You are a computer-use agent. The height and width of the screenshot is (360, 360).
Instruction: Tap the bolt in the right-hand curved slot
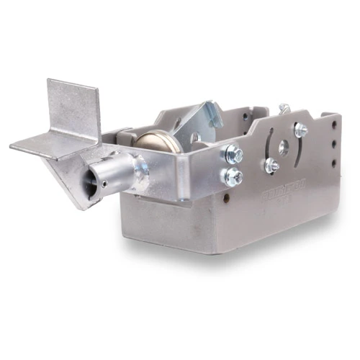click(x=300, y=130)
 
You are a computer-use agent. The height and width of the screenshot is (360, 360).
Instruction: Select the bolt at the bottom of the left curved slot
click(x=271, y=166)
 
